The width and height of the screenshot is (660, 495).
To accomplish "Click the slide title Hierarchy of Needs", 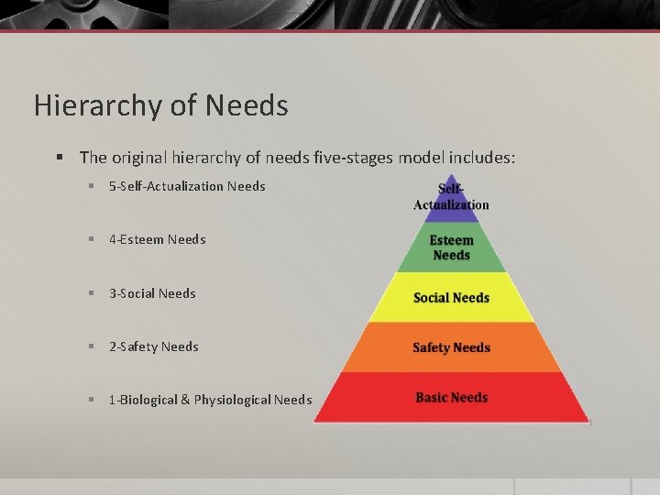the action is (x=160, y=105).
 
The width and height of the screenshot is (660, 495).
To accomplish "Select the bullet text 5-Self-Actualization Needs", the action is (x=187, y=186).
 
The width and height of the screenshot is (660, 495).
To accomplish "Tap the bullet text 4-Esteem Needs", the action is (x=157, y=239).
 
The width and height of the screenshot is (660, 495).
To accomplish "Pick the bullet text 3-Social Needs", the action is (x=152, y=293).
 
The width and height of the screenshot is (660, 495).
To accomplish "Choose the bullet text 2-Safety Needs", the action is (x=153, y=346).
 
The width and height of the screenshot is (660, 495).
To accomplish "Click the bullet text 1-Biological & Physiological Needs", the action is (x=210, y=400).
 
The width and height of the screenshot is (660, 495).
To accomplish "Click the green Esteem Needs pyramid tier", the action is (x=451, y=247).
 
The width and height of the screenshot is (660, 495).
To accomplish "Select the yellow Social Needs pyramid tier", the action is (x=451, y=298).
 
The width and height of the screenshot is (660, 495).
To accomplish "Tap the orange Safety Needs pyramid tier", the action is (x=451, y=347).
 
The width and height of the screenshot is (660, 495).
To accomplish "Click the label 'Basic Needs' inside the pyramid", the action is (x=451, y=398).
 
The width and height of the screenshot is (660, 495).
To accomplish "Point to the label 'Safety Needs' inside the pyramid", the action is (x=451, y=347).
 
